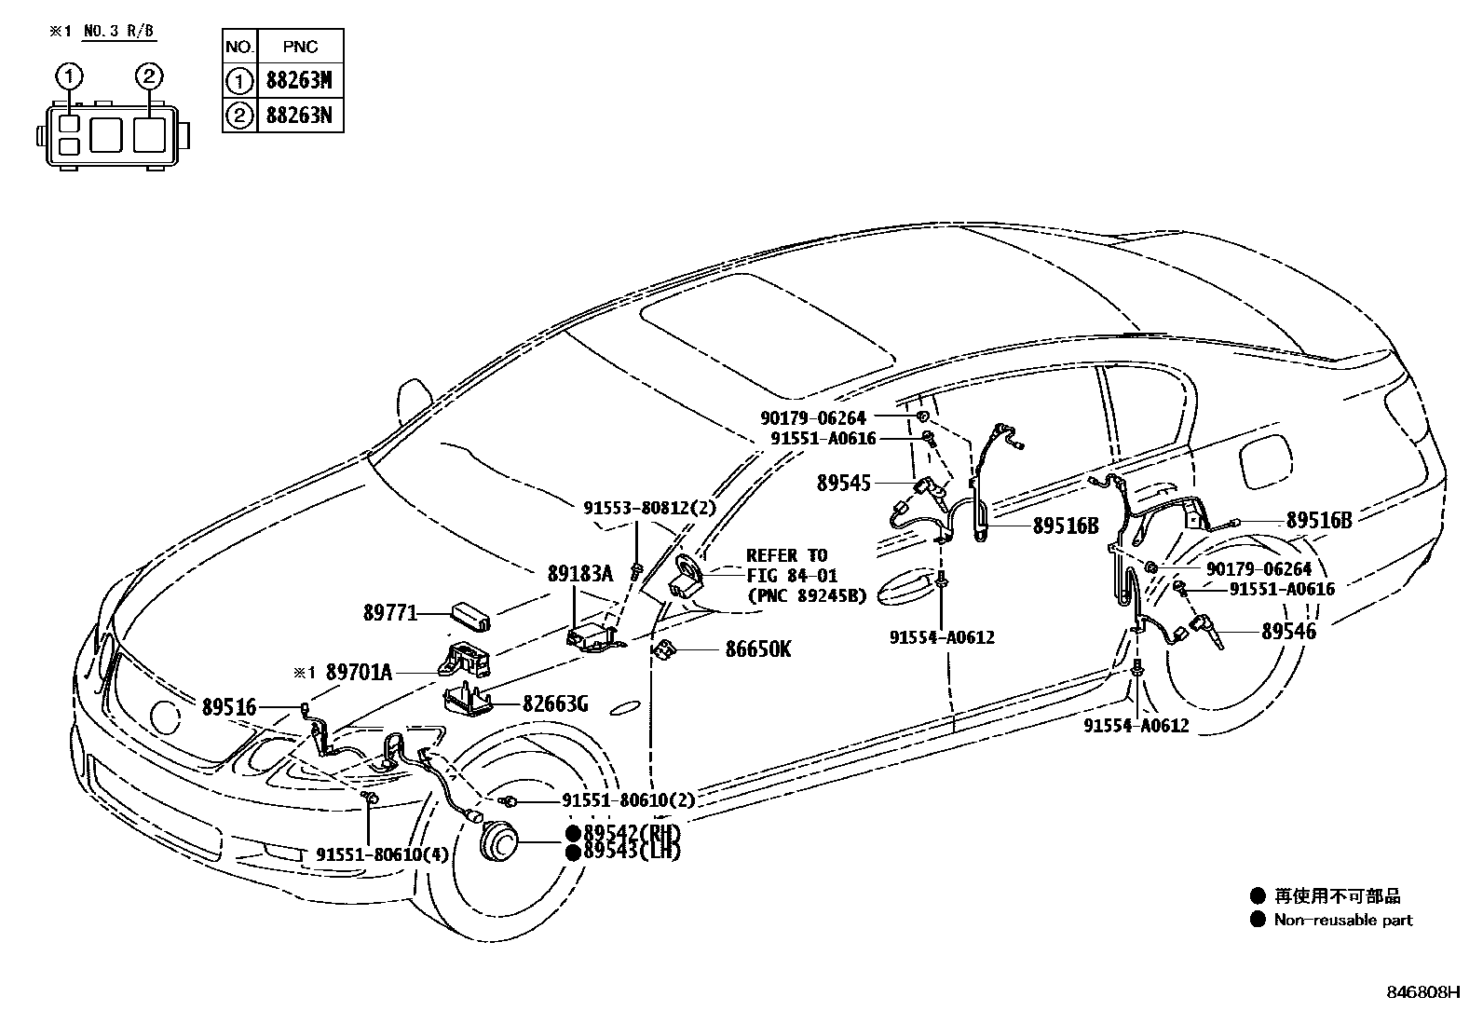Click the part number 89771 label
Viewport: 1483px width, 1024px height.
[389, 613]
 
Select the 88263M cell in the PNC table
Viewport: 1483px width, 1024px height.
[298, 81]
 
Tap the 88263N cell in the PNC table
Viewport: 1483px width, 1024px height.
[298, 116]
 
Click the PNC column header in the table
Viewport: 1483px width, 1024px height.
[298, 47]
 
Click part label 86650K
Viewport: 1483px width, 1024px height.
[757, 649]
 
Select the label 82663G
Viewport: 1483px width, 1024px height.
[554, 703]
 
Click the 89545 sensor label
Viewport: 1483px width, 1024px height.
[843, 483]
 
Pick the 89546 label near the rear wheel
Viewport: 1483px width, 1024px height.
[1288, 631]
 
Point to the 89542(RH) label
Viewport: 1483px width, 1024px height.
[631, 833]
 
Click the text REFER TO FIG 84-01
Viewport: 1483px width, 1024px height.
[787, 566]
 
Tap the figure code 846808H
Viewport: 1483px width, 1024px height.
[1422, 993]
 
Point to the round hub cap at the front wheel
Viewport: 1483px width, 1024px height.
[499, 844]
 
